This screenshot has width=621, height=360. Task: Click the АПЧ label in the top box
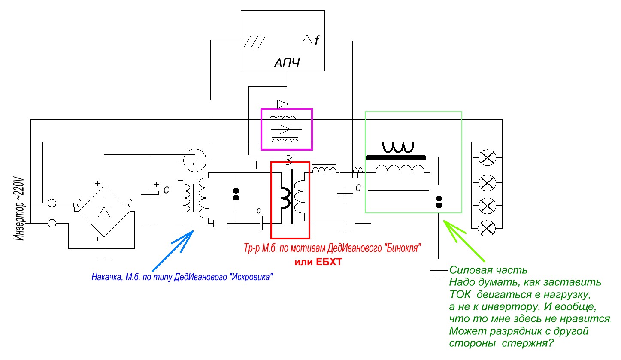coord(287,64)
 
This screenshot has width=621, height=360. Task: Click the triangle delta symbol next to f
coord(306,39)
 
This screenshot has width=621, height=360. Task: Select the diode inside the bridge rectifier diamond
coord(103,212)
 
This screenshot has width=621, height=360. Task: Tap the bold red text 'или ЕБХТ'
coord(318,262)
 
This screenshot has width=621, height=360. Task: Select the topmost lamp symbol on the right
coord(487,158)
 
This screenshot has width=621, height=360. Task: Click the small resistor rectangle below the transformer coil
coord(220,223)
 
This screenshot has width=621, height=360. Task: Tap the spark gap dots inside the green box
coord(439,202)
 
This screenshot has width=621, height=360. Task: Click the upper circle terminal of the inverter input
coord(52,203)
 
